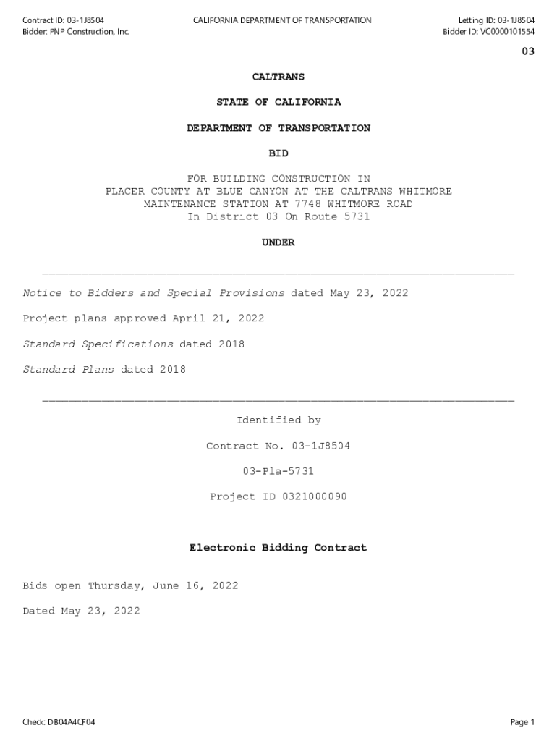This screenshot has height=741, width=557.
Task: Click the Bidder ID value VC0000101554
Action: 504,32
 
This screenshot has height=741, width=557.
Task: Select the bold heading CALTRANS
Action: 278,77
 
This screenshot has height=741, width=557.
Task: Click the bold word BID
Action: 278,153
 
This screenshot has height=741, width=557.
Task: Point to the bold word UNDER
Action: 278,242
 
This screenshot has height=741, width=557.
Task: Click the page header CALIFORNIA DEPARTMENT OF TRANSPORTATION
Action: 282,20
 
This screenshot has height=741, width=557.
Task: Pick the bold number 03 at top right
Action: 528,51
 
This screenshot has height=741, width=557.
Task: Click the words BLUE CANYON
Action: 246,191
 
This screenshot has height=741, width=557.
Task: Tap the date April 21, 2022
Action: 218,318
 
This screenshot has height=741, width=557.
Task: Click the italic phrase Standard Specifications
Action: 98,344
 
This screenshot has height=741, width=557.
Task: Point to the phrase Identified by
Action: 278,420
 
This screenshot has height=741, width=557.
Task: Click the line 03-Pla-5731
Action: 278,471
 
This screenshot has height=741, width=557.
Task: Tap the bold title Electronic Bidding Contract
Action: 278,548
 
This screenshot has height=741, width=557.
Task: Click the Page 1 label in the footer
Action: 522,722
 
